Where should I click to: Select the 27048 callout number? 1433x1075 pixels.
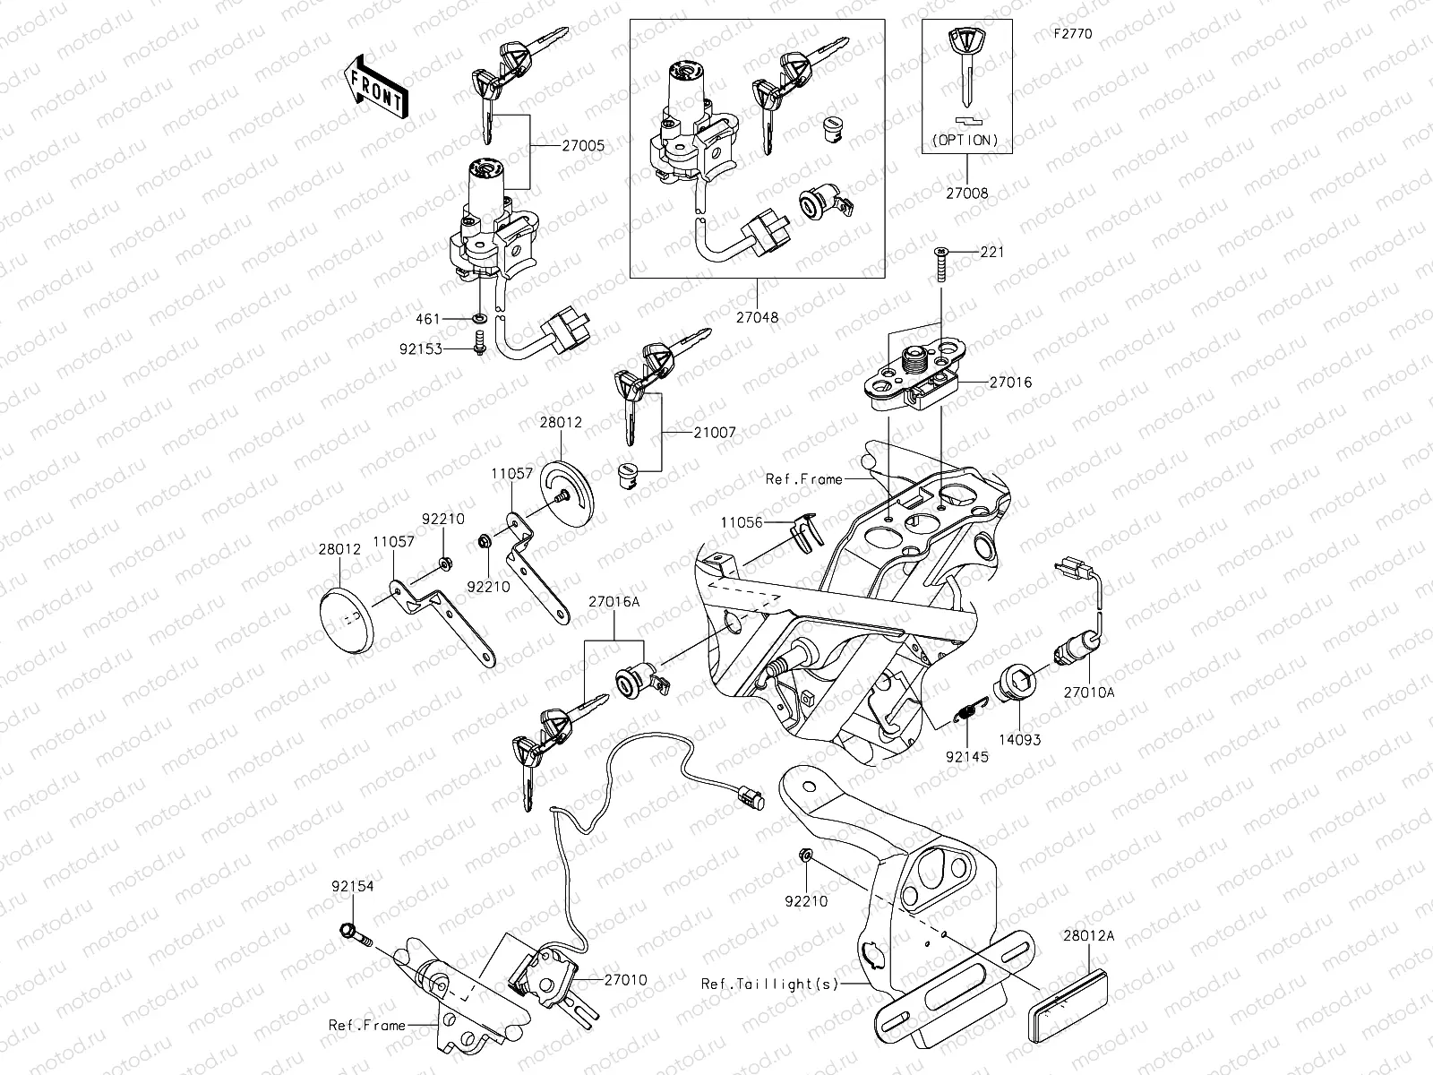pos(757,316)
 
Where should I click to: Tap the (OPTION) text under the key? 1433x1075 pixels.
pos(966,140)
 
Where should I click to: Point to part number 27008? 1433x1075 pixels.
pos(967,193)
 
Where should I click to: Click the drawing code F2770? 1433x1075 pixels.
pos(1072,35)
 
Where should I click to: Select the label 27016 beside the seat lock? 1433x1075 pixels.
pos(1010,383)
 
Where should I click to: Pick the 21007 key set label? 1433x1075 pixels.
pos(715,432)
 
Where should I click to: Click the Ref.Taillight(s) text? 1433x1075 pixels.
pos(770,984)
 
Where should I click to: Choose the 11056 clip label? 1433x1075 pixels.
pos(740,521)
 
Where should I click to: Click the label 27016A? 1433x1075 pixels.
pos(614,602)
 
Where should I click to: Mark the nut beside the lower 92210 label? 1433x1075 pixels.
pos(804,858)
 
